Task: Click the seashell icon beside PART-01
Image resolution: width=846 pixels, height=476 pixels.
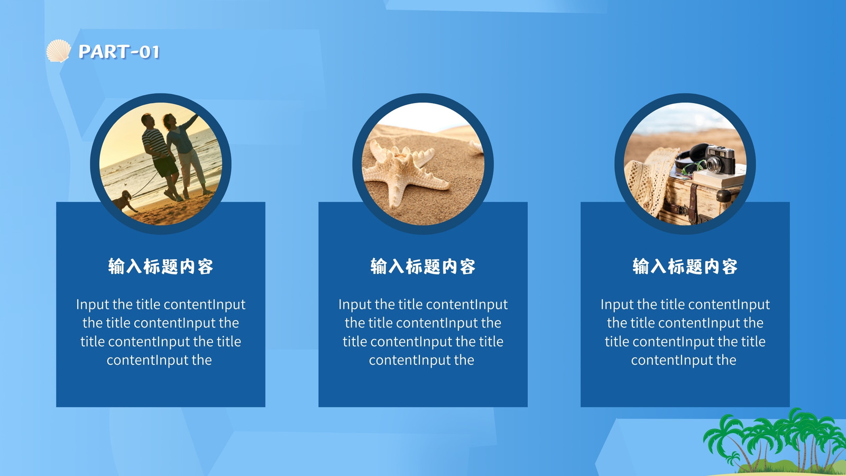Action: tap(59, 51)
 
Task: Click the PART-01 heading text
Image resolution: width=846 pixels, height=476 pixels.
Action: tap(119, 52)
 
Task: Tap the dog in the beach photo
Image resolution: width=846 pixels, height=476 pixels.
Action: tap(124, 201)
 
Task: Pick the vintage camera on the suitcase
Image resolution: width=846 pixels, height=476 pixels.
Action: tap(720, 159)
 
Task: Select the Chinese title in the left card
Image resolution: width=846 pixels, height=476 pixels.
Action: tap(161, 267)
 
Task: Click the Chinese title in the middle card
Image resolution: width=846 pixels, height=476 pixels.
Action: tap(422, 267)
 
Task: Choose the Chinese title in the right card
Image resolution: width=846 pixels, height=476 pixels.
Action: tap(685, 267)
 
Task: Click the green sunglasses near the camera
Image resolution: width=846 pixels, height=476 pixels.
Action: tap(693, 167)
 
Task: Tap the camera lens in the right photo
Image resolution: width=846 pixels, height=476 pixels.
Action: tap(713, 164)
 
